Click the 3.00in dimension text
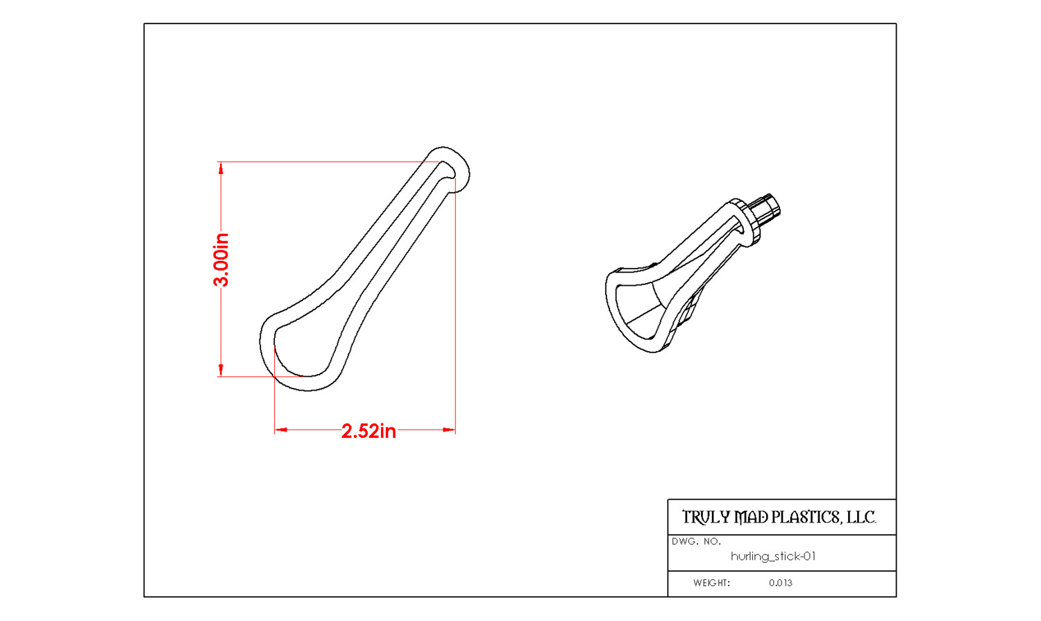[221, 260]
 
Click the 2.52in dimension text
[369, 432]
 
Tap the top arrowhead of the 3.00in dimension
[221, 168]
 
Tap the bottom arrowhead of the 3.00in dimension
[221, 371]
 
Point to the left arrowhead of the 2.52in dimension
[281, 430]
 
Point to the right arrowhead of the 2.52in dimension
[449, 430]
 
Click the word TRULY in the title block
[706, 518]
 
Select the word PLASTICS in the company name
[806, 518]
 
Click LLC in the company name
[861, 518]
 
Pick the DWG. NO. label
[696, 541]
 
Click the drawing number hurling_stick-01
[773, 556]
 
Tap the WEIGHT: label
[711, 583]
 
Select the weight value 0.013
[780, 583]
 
